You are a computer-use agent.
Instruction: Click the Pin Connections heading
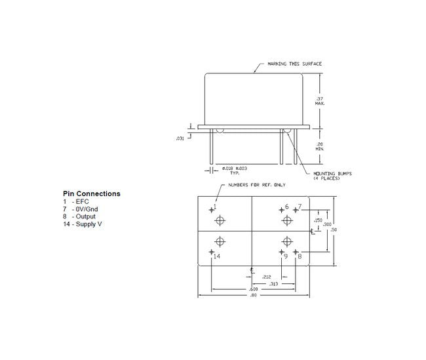pyautogui.click(x=91, y=194)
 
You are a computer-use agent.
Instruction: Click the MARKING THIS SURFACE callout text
pyautogui.click(x=294, y=64)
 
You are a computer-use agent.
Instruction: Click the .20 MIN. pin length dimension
pyautogui.click(x=320, y=146)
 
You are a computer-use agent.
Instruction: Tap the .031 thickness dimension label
pyautogui.click(x=180, y=138)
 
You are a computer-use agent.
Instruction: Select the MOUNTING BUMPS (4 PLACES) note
pyautogui.click(x=332, y=176)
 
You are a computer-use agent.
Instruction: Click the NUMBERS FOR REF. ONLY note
pyautogui.click(x=256, y=185)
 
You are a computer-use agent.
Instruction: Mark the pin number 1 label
pyautogui.click(x=215, y=208)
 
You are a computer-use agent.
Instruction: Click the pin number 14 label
pyautogui.click(x=216, y=256)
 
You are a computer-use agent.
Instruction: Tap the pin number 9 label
pyautogui.click(x=286, y=256)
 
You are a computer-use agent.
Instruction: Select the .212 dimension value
pyautogui.click(x=267, y=276)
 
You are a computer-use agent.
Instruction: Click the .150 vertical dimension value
pyautogui.click(x=319, y=220)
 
